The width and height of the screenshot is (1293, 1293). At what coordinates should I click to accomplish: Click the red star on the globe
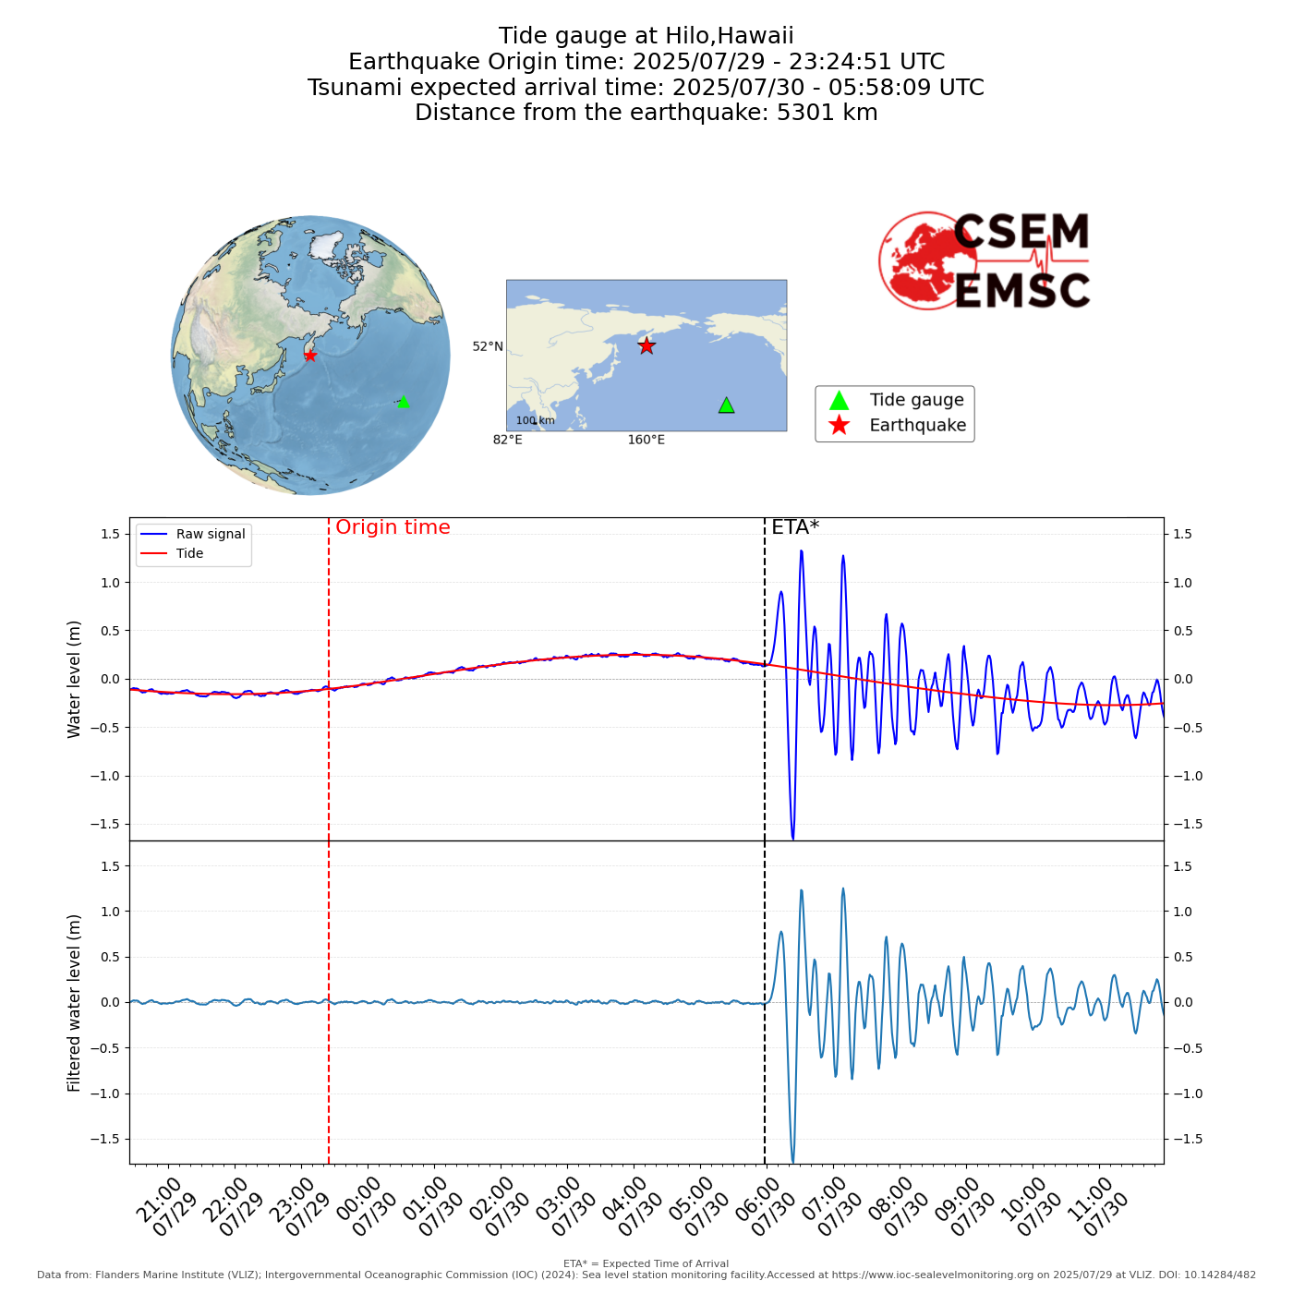click(x=310, y=356)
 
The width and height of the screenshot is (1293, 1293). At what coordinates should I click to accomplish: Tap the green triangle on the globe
click(x=403, y=401)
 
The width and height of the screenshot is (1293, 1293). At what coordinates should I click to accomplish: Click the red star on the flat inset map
click(x=646, y=345)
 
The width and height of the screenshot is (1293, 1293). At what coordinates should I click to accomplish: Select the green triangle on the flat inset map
click(x=727, y=405)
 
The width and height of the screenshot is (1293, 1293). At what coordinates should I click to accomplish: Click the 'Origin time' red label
click(x=393, y=527)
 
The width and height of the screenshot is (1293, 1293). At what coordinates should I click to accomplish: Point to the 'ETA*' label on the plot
click(x=795, y=527)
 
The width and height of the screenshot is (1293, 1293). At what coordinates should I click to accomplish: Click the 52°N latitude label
click(x=488, y=346)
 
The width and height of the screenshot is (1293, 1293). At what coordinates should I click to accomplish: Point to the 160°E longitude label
click(x=646, y=440)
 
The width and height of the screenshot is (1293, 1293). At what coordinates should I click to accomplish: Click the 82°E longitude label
click(x=507, y=440)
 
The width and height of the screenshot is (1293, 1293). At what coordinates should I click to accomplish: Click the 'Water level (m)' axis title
click(x=75, y=679)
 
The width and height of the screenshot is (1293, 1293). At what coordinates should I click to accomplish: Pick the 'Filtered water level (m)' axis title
click(x=75, y=1003)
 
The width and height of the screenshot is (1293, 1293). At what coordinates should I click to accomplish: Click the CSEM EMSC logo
click(x=985, y=261)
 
